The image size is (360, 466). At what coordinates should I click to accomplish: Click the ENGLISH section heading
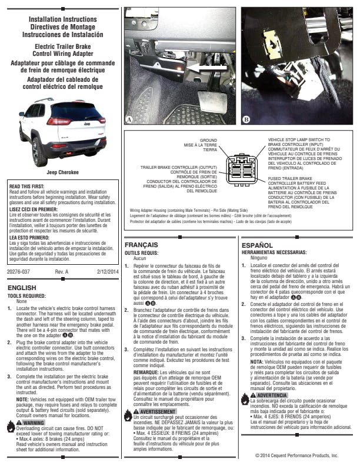[x=24, y=288]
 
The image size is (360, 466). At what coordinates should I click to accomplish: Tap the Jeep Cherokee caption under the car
[x=62, y=172]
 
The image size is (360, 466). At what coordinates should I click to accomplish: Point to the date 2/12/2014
[x=108, y=271]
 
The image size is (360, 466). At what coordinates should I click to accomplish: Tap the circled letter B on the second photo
[x=246, y=119]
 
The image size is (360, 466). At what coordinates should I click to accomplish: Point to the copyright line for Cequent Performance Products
[x=296, y=455]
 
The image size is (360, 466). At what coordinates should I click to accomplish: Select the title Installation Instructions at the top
[x=62, y=19]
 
